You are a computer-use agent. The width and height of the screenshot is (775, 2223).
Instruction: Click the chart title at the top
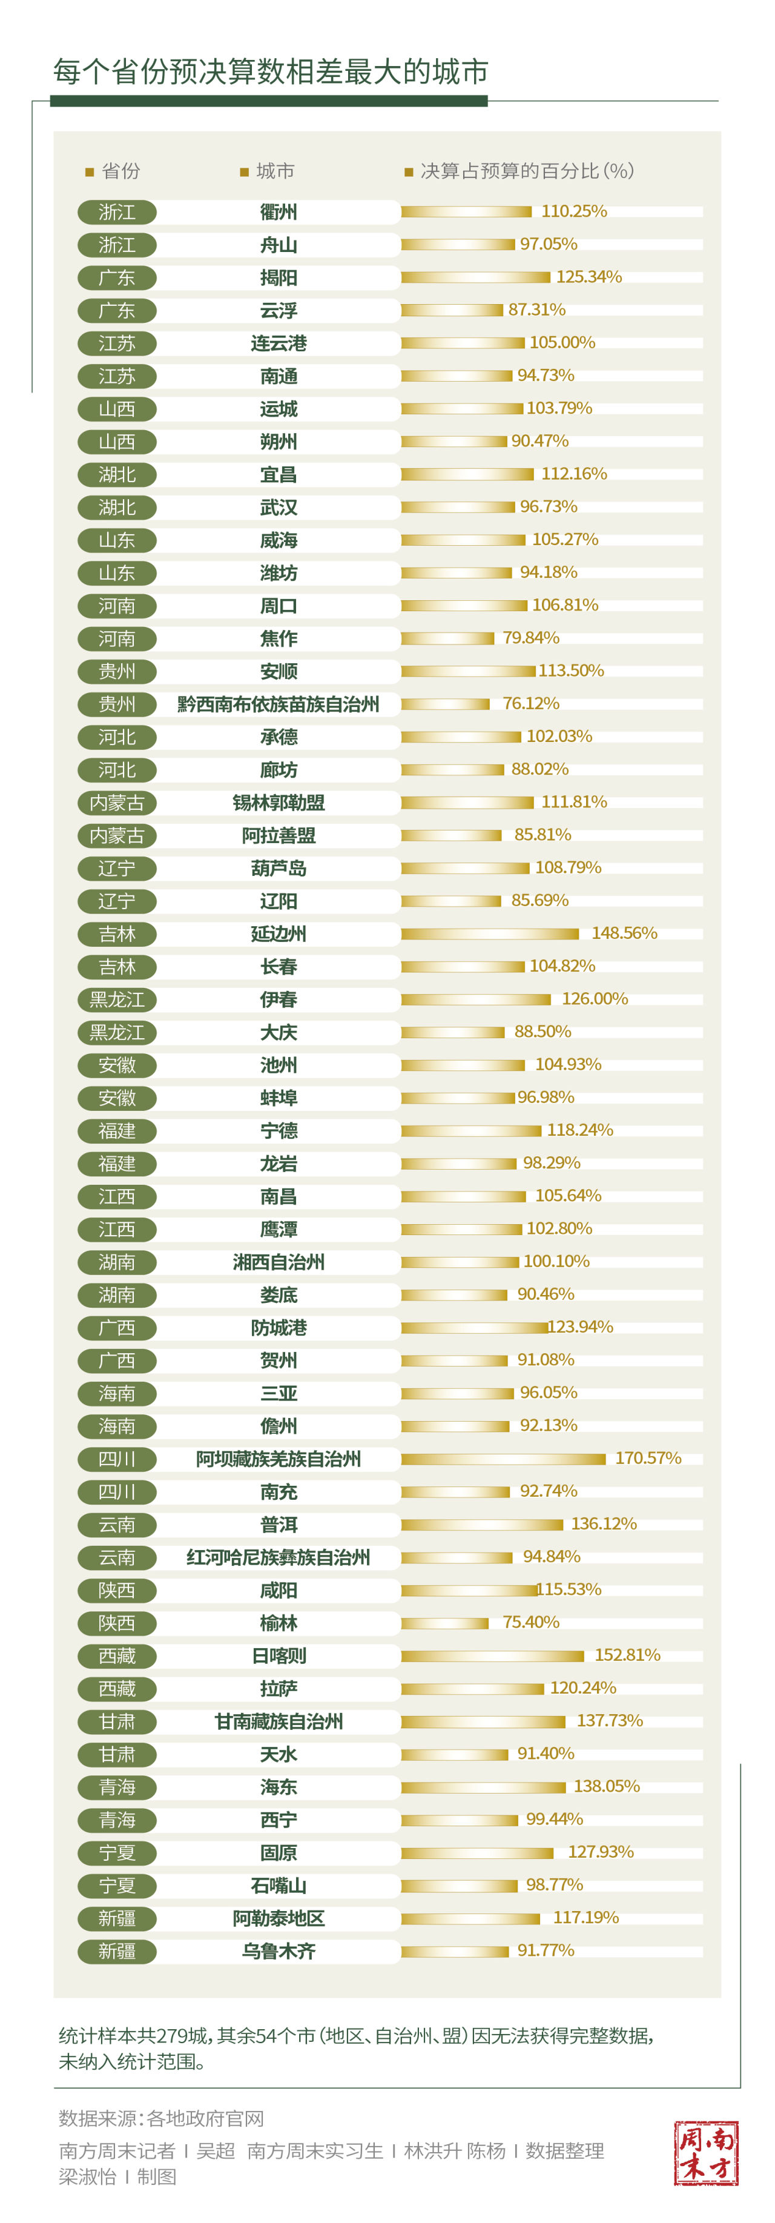click(x=270, y=71)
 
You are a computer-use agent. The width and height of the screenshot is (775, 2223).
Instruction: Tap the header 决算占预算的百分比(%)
click(x=526, y=171)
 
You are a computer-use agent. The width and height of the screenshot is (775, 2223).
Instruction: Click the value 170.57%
click(x=648, y=1457)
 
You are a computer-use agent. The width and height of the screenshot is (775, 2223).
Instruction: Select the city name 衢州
click(x=278, y=211)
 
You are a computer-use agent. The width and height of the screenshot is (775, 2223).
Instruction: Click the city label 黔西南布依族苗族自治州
click(x=278, y=704)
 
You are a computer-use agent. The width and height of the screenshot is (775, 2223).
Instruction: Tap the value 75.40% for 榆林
click(x=531, y=1622)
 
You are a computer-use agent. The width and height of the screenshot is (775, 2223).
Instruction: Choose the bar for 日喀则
click(x=492, y=1655)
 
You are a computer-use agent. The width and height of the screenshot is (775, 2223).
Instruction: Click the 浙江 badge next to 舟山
click(x=116, y=245)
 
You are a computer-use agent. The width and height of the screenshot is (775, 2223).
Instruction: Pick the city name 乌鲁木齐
click(x=278, y=1950)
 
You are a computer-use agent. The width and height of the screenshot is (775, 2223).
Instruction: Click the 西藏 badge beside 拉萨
click(x=116, y=1688)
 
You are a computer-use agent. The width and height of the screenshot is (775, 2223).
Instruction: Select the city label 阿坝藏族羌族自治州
click(x=278, y=1459)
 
